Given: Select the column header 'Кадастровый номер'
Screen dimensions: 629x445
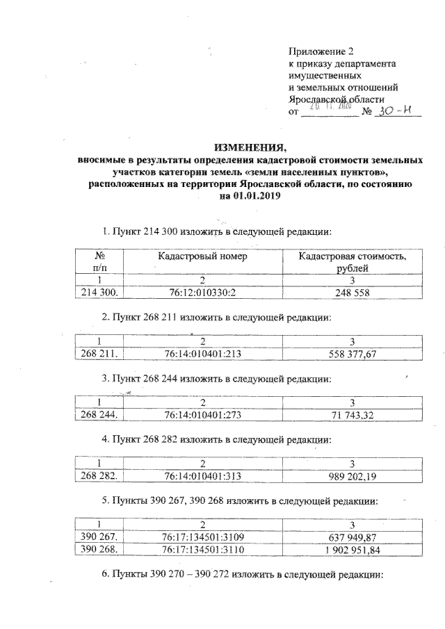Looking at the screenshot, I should [203, 257].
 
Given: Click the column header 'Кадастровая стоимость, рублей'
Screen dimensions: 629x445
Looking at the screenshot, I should [353, 263].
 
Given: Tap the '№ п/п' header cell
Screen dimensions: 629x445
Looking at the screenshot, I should [99, 263].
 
